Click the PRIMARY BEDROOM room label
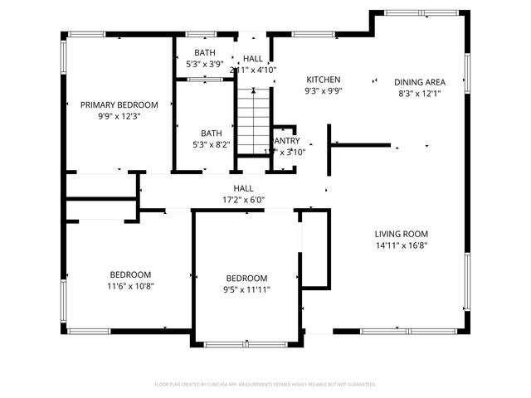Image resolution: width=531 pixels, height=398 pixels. (119, 104)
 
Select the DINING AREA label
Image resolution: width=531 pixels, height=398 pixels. (420, 82)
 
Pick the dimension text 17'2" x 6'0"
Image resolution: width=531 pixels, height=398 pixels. (243, 199)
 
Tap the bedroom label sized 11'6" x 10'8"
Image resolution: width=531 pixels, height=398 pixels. (131, 274)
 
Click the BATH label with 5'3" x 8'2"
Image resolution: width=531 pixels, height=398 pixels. (211, 133)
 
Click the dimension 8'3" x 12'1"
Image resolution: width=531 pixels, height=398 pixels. (420, 94)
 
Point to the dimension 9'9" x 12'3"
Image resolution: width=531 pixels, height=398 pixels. (119, 116)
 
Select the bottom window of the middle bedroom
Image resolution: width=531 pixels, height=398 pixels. (246, 344)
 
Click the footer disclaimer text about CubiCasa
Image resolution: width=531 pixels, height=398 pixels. (265, 385)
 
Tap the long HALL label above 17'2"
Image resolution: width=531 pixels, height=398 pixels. (243, 188)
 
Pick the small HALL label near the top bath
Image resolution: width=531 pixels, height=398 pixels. (252, 59)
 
